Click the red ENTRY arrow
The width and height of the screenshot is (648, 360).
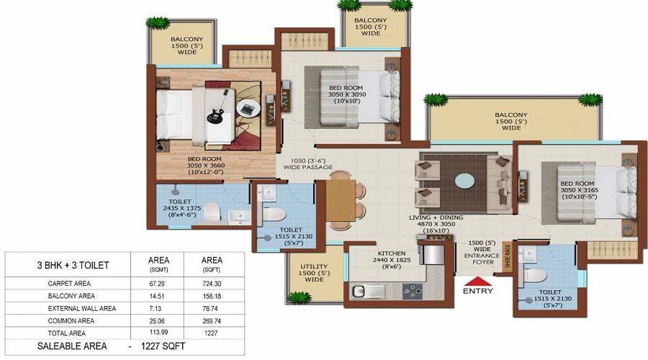click(x=478, y=282)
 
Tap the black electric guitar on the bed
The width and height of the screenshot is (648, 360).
click(x=217, y=108)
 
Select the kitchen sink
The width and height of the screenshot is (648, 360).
click(x=364, y=291)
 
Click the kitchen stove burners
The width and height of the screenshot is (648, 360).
click(x=413, y=291)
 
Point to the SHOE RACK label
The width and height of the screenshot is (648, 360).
click(x=508, y=255)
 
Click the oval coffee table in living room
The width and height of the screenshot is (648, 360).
click(x=465, y=181)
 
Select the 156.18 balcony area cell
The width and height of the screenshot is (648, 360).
click(x=212, y=296)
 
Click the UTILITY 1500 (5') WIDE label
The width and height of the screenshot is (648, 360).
click(x=314, y=273)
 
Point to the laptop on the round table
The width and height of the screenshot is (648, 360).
click(x=248, y=109)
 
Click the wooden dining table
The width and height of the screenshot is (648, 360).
click(x=341, y=200)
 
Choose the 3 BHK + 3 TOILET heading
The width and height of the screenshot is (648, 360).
click(x=73, y=266)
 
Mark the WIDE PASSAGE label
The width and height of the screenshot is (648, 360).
click(x=308, y=167)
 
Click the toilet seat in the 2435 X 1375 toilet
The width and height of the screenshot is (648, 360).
click(x=212, y=211)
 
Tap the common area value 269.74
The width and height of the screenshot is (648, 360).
click(x=212, y=320)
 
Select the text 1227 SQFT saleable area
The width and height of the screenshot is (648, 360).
click(x=163, y=346)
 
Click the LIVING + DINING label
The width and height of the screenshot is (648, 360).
click(x=436, y=217)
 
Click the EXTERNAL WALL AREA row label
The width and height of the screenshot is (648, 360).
click(x=82, y=308)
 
